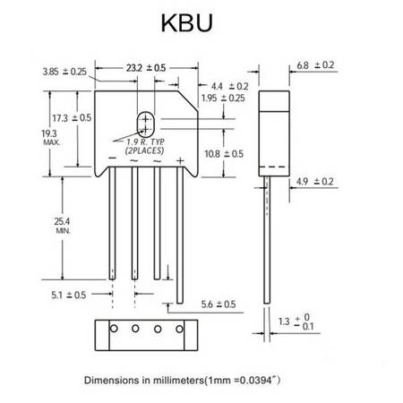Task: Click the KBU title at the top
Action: point(187,22)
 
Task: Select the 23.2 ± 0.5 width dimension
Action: point(146,68)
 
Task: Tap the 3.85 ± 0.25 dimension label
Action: point(64,72)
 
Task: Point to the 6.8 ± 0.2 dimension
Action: point(315,65)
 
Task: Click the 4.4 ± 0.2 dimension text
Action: point(230,86)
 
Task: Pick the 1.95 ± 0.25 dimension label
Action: point(223,98)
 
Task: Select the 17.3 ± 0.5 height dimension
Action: point(72,118)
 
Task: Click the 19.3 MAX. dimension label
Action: point(51,137)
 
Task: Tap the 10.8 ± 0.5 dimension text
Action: point(224,154)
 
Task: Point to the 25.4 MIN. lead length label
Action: point(63,226)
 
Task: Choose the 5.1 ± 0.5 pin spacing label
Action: point(69,295)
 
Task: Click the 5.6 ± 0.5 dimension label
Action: point(219,304)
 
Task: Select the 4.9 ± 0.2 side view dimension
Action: point(314,182)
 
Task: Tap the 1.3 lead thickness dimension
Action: point(296,322)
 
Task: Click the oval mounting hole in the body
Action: point(145,124)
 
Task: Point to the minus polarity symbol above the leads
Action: point(112,158)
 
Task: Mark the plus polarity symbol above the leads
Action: point(180,161)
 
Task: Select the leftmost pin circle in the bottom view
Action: point(114,329)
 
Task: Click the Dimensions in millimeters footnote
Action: point(182,381)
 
